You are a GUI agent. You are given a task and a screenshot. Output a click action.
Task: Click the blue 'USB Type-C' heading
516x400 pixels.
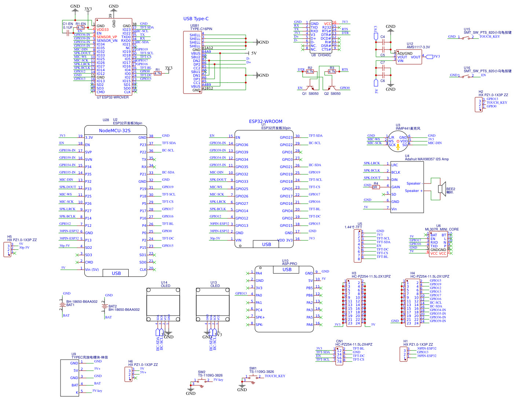pyautogui.click(x=196, y=19)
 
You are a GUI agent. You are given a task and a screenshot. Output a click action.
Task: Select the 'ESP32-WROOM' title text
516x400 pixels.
pyautogui.click(x=266, y=121)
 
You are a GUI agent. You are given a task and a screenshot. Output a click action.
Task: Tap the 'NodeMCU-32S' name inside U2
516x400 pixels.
pyautogui.click(x=114, y=131)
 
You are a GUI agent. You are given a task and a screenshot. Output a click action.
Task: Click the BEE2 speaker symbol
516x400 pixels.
pyautogui.click(x=442, y=189)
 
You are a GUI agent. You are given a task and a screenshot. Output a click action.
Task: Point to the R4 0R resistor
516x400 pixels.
pyautogui.click(x=375, y=187)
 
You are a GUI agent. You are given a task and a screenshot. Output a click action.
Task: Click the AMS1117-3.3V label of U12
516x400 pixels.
pyautogui.click(x=418, y=47)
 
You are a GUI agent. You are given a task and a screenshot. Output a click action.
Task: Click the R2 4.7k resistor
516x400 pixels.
pyautogui.click(x=310, y=72)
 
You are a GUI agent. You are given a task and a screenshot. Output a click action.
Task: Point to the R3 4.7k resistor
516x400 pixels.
pyautogui.click(x=332, y=72)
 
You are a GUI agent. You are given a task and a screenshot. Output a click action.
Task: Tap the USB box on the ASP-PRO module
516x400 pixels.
pyautogui.click(x=287, y=270)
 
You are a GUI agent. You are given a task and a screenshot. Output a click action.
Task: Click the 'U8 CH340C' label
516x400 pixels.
pyautogui.click(x=321, y=55)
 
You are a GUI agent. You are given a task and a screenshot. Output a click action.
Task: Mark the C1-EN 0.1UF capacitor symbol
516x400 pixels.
pyautogui.click(x=68, y=33)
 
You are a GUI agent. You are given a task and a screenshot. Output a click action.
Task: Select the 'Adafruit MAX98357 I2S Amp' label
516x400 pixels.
pyautogui.click(x=427, y=159)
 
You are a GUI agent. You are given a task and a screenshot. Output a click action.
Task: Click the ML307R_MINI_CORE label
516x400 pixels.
pyautogui.click(x=442, y=229)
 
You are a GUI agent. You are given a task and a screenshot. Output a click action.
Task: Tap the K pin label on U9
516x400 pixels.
pyautogui.click(x=77, y=393)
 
